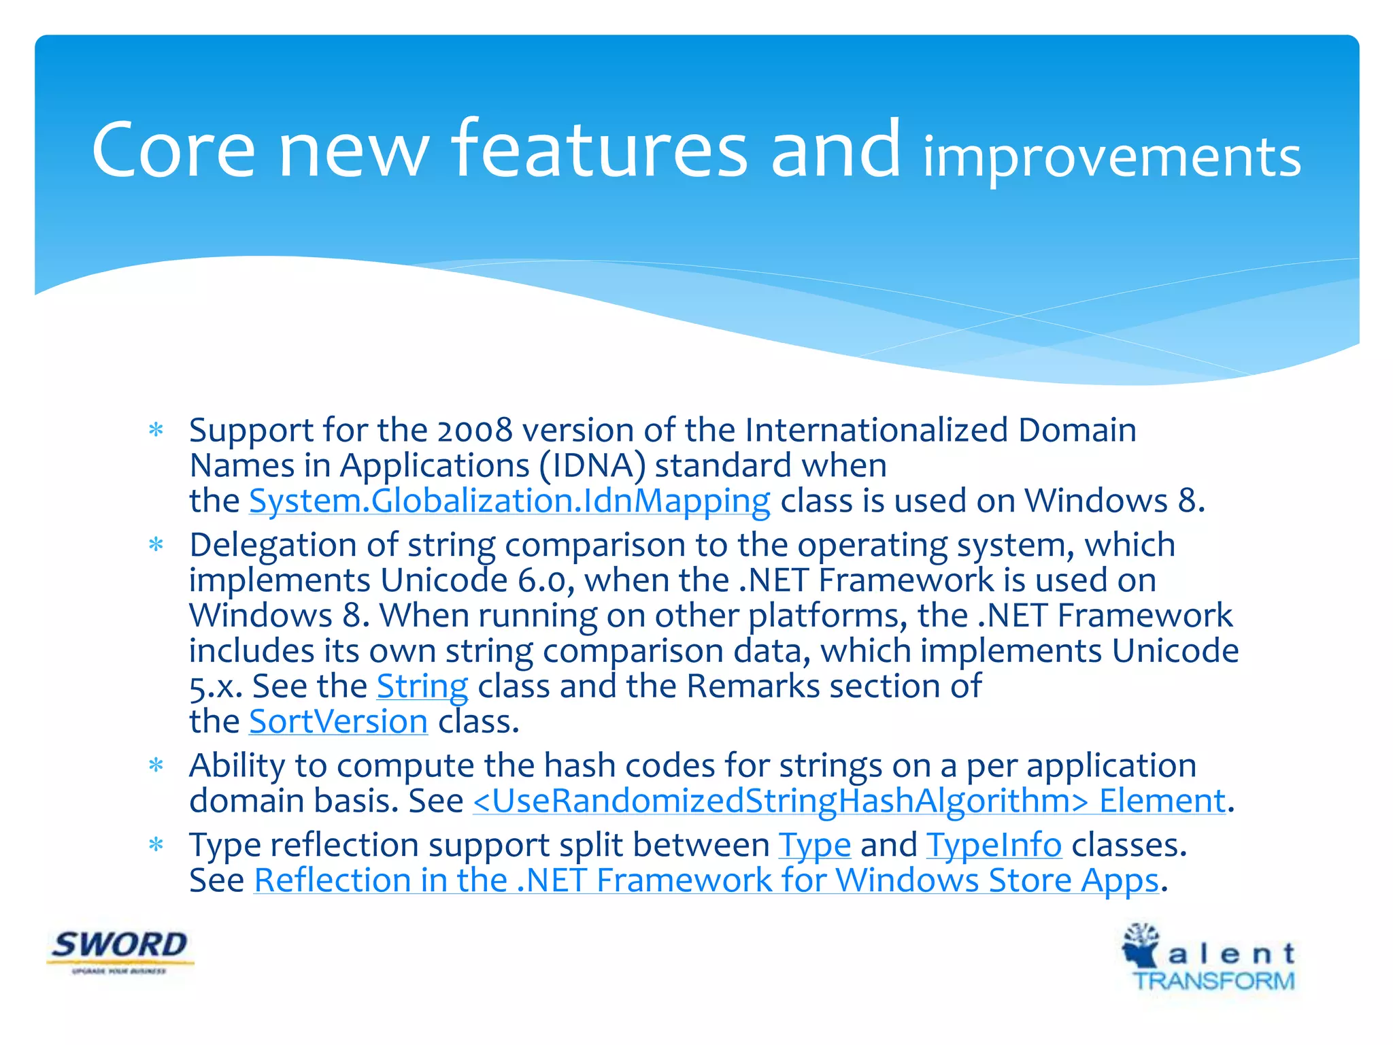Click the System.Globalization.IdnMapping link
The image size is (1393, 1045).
point(509,501)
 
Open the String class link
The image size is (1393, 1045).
point(422,686)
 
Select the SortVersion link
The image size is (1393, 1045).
point(338,722)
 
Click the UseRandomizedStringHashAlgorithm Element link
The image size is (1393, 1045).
point(849,801)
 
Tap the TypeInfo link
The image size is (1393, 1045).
point(994,846)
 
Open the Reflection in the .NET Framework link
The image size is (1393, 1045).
point(706,881)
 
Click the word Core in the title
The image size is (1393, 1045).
point(173,151)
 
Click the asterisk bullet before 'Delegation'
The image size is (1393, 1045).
point(156,545)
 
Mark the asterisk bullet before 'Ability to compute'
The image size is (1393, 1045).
point(156,766)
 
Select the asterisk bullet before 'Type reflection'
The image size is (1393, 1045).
point(156,845)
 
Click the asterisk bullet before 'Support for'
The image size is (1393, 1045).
point(156,430)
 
